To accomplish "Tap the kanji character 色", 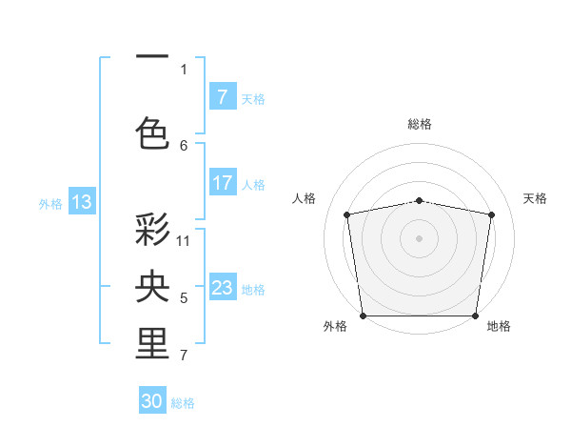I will pos(152,132).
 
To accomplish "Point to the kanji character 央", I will pos(152,286).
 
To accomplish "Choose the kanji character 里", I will pos(152,344).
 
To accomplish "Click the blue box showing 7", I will pos(222,97).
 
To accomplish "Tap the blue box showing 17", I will pos(222,184).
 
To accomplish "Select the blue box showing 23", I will pos(222,288).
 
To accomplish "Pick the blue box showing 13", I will pos(81,201).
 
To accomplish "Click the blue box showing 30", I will pos(152,401).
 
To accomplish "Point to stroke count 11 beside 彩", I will pos(184,240).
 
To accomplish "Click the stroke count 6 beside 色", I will pos(184,145).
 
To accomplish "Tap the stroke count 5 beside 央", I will pos(184,298).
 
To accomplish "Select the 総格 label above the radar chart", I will pos(419,124).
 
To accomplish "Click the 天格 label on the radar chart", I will pos(536,198).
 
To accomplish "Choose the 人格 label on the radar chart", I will pos(304,198).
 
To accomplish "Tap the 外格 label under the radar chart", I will pos(335,326).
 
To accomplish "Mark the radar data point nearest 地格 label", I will pos(476,316).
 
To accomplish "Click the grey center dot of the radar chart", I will pos(419,237).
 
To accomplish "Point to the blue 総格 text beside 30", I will pos(183,403).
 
